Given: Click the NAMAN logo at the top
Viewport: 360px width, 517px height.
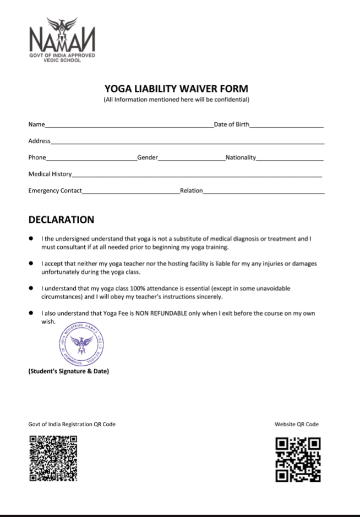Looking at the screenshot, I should (62, 38).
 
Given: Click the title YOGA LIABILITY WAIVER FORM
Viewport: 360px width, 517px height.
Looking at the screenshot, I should (176, 89).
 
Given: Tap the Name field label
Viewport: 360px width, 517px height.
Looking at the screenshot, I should (36, 125).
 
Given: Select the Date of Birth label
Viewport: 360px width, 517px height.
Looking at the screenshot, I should (231, 125).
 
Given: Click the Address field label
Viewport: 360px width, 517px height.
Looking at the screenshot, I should (39, 141).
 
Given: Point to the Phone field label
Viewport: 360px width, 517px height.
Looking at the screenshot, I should (37, 158).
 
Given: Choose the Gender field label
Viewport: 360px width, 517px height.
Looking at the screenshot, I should (148, 158).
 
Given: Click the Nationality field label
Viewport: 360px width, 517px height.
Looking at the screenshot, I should (241, 158).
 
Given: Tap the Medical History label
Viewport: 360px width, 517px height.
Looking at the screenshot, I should (50, 174).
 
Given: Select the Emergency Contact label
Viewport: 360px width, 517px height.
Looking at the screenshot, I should (55, 191).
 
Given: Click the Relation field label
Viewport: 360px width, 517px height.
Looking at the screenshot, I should (191, 191).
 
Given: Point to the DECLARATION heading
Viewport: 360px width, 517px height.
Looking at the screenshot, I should (61, 220).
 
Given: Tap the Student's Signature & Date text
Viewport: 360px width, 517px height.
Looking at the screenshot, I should (68, 371).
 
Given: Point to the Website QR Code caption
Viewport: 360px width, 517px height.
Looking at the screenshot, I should (297, 425).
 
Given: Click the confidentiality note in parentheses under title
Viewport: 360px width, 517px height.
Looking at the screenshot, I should (176, 100).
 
